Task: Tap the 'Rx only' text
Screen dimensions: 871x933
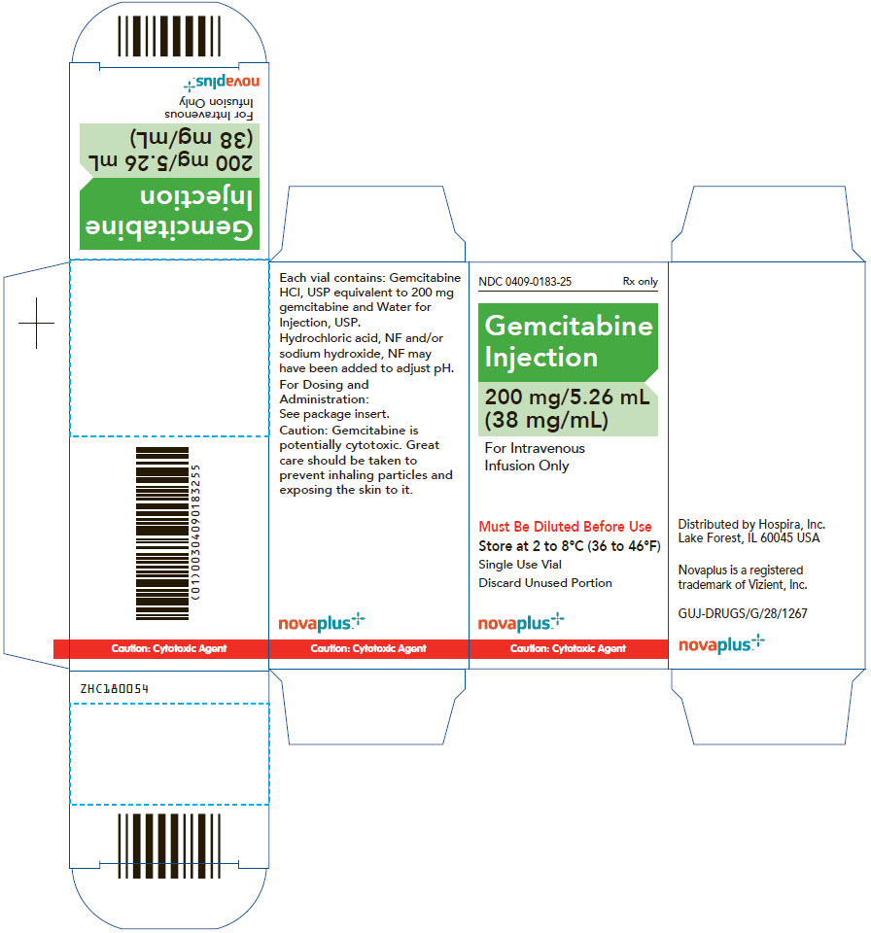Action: (640, 281)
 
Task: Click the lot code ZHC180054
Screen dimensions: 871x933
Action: (115, 688)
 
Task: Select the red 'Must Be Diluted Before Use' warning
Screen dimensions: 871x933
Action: (565, 527)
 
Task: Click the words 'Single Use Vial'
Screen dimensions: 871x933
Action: (520, 564)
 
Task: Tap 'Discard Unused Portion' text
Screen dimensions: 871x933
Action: (544, 583)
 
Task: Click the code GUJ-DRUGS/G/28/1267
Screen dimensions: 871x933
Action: (743, 613)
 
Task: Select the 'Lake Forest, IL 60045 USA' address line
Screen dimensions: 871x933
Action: (749, 538)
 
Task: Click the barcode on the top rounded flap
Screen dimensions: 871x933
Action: (169, 36)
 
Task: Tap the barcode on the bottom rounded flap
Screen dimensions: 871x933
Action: (169, 846)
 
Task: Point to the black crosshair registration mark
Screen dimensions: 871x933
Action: (36, 323)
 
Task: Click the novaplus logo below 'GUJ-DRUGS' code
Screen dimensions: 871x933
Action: (721, 644)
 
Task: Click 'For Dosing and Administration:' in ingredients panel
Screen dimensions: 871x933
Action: (324, 392)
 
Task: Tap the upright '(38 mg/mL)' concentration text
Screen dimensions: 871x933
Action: (546, 421)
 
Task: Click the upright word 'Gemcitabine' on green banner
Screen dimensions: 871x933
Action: (569, 327)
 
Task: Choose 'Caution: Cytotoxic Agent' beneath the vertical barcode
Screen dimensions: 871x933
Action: (169, 648)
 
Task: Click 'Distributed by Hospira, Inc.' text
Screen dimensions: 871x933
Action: (751, 524)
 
